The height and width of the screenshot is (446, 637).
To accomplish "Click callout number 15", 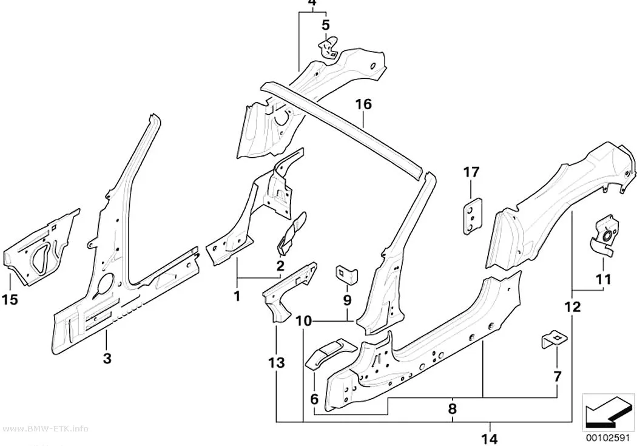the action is [x=10, y=300].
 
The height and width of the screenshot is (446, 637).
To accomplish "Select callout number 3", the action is [x=107, y=359].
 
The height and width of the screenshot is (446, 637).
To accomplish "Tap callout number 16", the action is [x=363, y=104].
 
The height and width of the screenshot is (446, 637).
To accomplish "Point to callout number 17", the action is [x=471, y=172].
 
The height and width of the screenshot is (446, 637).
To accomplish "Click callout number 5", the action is [x=326, y=25].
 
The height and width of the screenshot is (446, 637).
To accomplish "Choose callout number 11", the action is [x=603, y=280].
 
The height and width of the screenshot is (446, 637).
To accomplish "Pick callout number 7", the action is [x=558, y=377].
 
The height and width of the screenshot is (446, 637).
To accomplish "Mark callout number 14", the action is [x=490, y=439].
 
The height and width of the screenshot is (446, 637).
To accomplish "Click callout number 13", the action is [x=276, y=363].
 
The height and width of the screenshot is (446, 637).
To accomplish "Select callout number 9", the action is [x=347, y=300].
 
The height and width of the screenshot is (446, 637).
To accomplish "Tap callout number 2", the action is [x=280, y=266].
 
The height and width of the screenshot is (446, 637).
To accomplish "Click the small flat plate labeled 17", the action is [x=472, y=215].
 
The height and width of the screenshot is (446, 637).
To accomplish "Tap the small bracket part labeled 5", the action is [x=328, y=47].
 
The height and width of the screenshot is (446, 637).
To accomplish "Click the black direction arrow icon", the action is [x=608, y=411].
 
